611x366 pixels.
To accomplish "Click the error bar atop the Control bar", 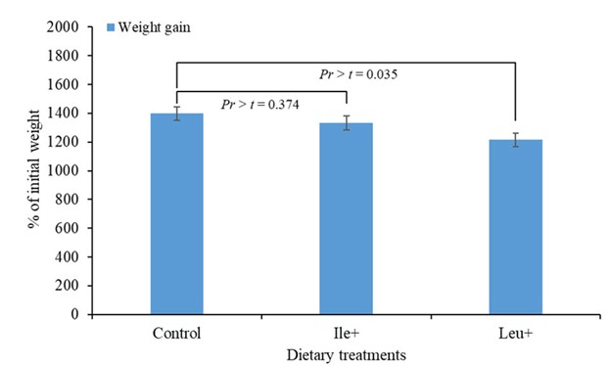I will point(176,114).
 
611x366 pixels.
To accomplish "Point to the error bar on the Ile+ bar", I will point(347,122).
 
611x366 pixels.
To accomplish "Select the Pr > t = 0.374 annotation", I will point(261,103).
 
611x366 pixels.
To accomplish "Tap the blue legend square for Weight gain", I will point(111,26).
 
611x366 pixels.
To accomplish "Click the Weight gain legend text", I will point(154,26).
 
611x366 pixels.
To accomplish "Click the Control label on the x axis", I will point(176,333).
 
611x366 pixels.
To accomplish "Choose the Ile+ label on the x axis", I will point(347,333).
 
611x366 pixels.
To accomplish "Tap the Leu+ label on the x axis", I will point(516,333).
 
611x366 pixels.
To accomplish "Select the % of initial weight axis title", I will point(33,171).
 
